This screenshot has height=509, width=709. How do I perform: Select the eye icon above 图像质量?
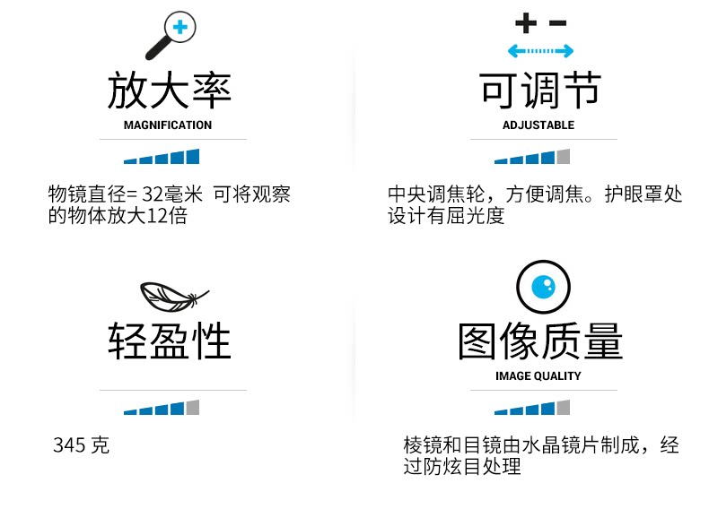543,286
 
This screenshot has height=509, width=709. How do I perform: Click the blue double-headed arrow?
539,51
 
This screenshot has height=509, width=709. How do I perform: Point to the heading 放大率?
169,91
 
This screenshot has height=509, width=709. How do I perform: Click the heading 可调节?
539,91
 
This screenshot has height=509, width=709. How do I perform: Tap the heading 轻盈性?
169,341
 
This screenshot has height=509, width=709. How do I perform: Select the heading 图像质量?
539,341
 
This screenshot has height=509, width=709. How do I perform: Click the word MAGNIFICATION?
168,125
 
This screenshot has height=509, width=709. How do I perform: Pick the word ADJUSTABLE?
538,125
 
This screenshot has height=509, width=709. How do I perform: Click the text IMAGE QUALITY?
538,376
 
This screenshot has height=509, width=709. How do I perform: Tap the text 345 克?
81,445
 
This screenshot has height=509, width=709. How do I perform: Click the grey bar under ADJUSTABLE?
564,157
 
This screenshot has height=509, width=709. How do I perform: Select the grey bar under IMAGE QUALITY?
564,408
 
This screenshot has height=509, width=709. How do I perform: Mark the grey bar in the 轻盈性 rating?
192,408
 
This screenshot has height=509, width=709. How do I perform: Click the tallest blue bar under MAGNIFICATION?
192,157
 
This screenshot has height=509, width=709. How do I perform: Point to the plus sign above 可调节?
524,22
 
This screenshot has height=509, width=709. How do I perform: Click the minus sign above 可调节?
557,22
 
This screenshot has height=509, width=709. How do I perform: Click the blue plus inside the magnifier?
180,27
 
